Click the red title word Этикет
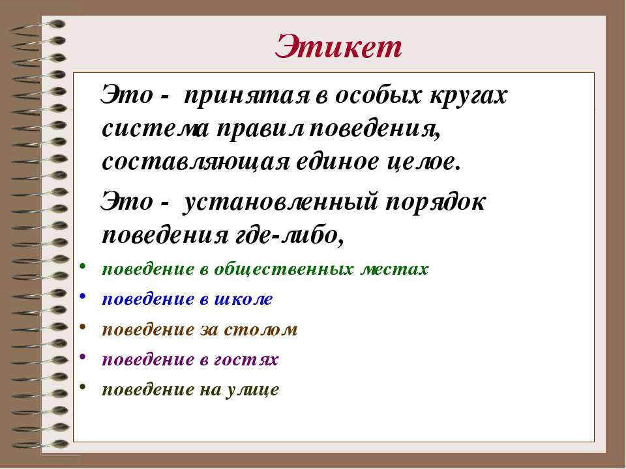click(338, 47)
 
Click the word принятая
click(246, 96)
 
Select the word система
click(155, 129)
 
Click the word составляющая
click(195, 162)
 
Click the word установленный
click(280, 202)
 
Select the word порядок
click(436, 202)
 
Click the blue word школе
click(243, 299)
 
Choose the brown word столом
click(261, 330)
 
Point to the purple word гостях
click(246, 360)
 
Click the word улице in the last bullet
click(253, 390)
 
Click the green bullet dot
click(82, 266)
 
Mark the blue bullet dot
click(82, 296)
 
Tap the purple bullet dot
click(82, 356)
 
